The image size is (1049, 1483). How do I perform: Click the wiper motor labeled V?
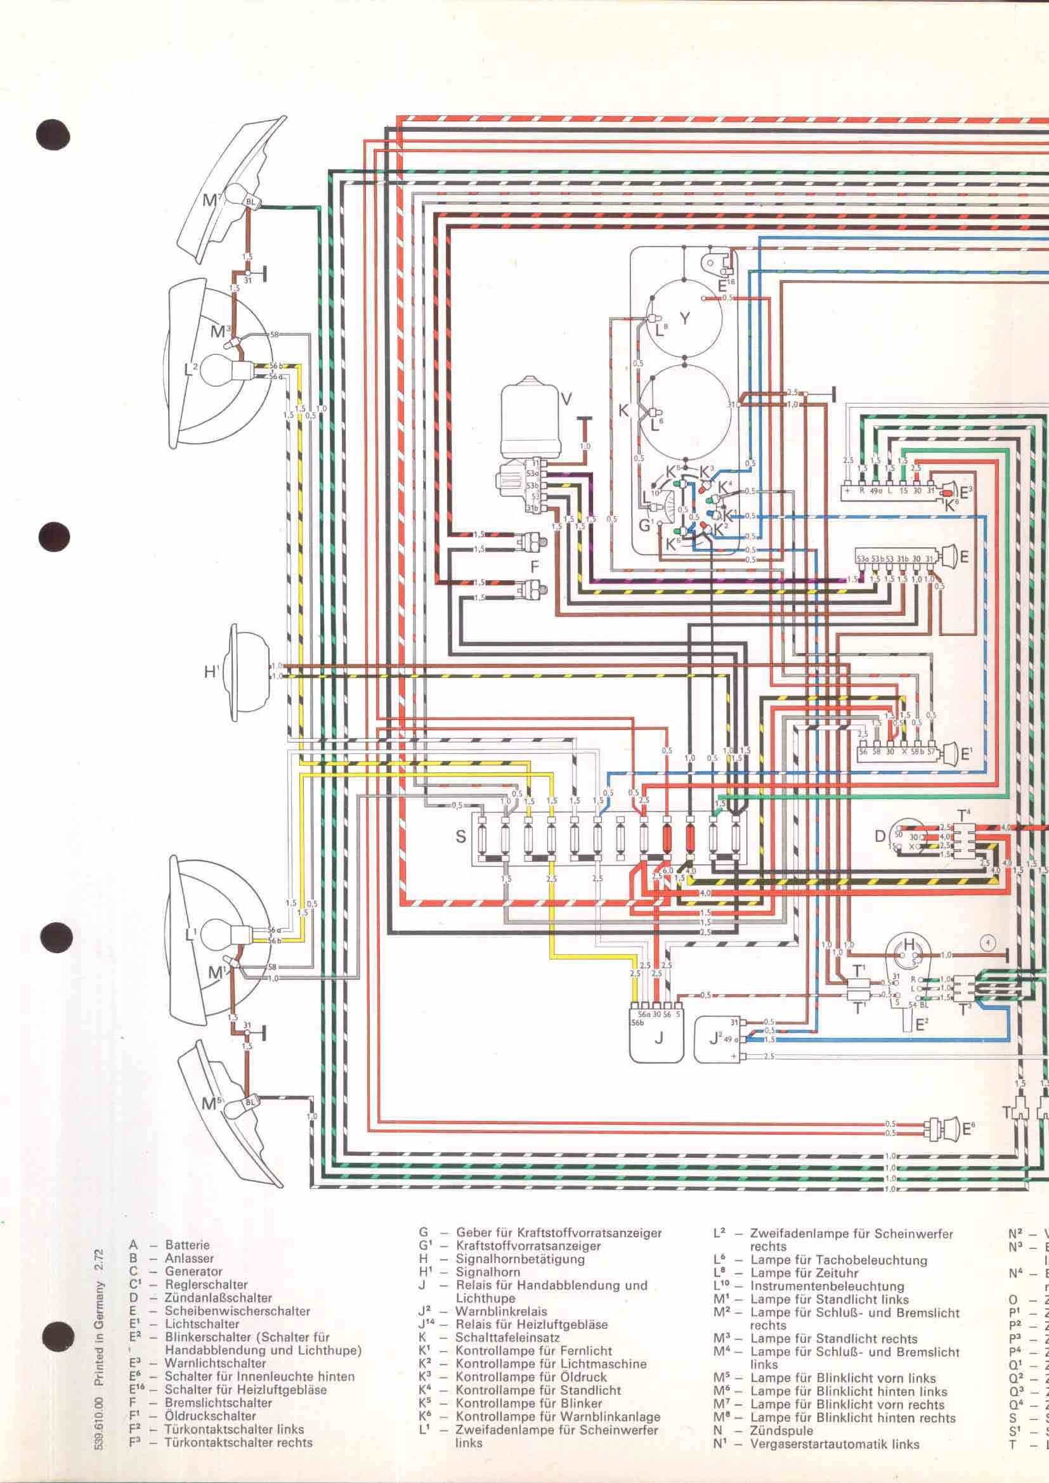point(531,413)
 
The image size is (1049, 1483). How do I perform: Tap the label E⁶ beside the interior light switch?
point(969,1130)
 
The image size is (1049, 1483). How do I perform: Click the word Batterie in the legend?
point(187,1244)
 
